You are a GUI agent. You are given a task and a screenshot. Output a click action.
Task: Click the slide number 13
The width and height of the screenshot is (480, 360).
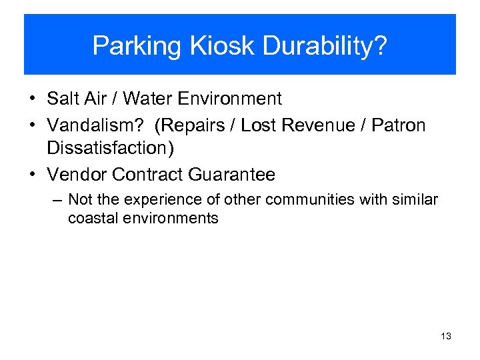click(446, 336)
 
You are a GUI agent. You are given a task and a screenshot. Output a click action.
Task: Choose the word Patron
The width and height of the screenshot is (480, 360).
click(398, 125)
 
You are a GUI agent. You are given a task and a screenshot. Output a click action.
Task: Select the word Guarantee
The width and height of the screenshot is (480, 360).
click(231, 175)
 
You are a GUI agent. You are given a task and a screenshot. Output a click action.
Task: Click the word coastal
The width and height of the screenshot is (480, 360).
click(91, 218)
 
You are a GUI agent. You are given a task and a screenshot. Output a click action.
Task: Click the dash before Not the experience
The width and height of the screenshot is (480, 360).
click(58, 200)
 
